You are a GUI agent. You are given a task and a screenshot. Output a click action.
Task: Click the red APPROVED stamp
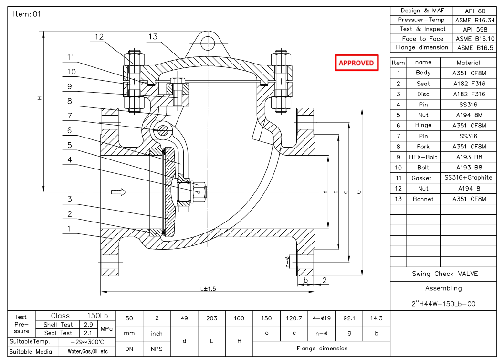356,63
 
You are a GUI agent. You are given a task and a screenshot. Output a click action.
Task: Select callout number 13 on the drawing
153,37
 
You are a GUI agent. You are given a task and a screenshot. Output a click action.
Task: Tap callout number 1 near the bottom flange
69,229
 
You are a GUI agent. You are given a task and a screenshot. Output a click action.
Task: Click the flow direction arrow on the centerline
118,192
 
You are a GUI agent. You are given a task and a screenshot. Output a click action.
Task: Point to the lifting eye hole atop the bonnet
208,43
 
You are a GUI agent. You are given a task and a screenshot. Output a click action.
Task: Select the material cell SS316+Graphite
468,178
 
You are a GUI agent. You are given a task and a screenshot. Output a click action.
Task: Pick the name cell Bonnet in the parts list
423,199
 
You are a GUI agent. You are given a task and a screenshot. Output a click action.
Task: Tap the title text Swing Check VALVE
444,274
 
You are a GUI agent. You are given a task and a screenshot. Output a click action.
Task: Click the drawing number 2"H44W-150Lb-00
444,304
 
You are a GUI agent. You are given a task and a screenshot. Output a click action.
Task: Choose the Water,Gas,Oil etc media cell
84,352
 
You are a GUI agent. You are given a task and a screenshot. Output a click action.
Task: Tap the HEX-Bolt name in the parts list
423,157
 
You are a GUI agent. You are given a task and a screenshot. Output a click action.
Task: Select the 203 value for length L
211,318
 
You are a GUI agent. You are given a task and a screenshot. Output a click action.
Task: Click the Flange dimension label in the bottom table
322,349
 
